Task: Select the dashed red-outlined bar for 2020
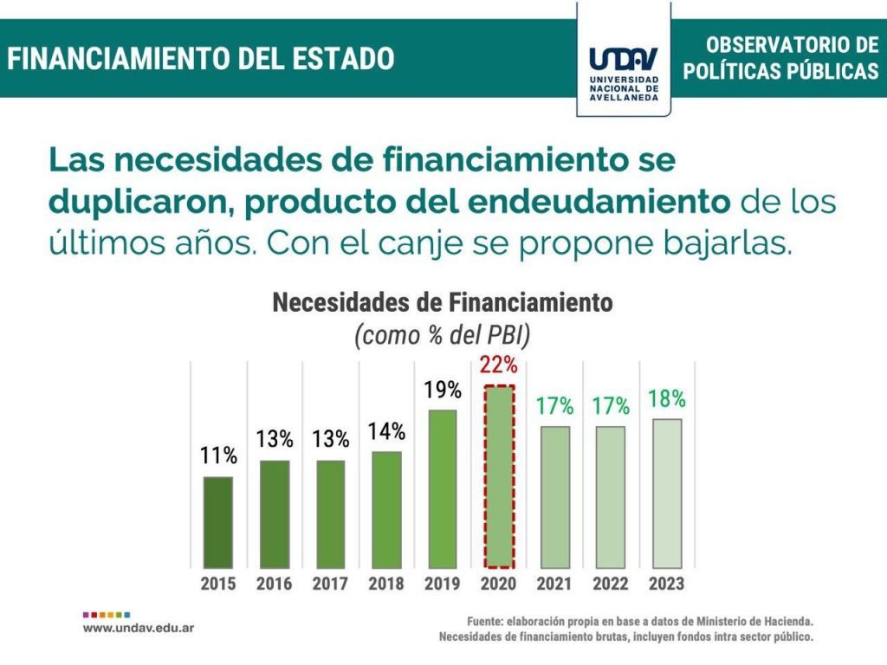pos(499,475)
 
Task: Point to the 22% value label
pos(499,365)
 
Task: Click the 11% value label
pos(218,455)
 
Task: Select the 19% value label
pos(443,390)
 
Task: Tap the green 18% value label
pos(667,399)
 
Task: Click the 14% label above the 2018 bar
pos(386,431)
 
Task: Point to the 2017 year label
pos(330,584)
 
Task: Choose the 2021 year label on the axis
pos(554,584)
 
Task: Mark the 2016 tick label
pos(275,584)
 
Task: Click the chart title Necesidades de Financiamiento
pos(443,303)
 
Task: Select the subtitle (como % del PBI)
pos(443,336)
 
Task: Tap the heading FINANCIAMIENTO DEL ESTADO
pos(202,59)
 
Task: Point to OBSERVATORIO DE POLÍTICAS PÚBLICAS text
pos(780,59)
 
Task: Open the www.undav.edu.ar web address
pos(139,627)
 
